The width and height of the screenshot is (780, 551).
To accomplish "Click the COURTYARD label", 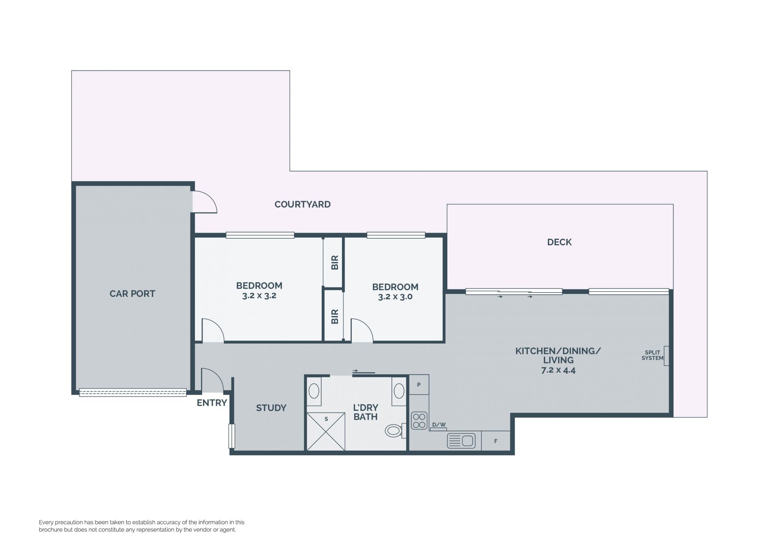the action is click(x=302, y=204).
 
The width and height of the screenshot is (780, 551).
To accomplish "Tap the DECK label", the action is click(x=559, y=242).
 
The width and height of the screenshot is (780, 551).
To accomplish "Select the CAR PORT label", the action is click(x=132, y=294).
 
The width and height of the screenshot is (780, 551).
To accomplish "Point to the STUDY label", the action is click(x=271, y=408).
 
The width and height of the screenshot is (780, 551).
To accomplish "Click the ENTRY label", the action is click(x=212, y=403).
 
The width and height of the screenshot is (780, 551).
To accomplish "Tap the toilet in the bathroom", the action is click(x=395, y=430).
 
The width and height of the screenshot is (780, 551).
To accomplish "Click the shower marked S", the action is click(x=326, y=431).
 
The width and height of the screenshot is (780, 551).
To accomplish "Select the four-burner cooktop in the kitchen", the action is click(x=419, y=421).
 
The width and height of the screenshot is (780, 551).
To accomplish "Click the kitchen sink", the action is click(x=461, y=441).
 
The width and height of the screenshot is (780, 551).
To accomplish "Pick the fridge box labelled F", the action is click(x=496, y=441).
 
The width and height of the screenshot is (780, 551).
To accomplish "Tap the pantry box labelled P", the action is click(x=419, y=385).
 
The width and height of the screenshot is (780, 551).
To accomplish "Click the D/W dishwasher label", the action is click(x=439, y=425).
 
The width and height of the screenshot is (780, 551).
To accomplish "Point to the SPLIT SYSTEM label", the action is click(x=652, y=355).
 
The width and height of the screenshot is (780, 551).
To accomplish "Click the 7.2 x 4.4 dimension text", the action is click(x=558, y=370).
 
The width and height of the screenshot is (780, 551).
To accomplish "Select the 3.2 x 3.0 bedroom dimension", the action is click(x=395, y=297).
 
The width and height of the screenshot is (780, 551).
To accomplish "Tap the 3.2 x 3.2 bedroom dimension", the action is click(x=259, y=296).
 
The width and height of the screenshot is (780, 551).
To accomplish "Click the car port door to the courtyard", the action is click(x=204, y=202).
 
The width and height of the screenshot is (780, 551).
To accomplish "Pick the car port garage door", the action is click(x=133, y=392).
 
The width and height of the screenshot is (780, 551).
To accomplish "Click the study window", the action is click(x=232, y=436).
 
